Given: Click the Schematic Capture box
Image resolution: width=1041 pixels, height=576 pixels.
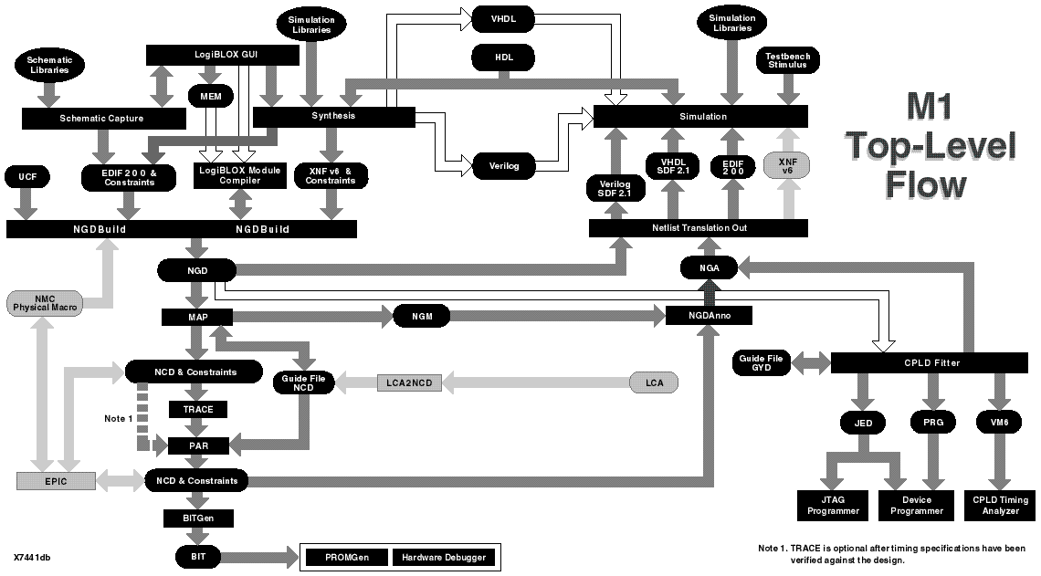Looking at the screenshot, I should pyautogui.click(x=102, y=118).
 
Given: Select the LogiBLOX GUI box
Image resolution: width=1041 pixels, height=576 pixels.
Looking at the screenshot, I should pyautogui.click(x=223, y=56).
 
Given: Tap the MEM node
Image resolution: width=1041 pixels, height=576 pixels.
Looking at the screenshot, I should pyautogui.click(x=211, y=95).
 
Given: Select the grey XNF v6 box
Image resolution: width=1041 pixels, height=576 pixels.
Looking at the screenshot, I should pyautogui.click(x=787, y=165).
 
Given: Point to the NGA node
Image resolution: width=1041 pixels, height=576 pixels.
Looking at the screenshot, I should pyautogui.click(x=709, y=268).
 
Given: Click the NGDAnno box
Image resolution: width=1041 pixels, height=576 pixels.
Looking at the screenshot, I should pyautogui.click(x=709, y=316).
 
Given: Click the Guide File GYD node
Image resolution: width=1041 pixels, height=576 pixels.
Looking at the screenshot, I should pyautogui.click(x=761, y=363).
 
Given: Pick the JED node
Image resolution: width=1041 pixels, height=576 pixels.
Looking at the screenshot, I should pyautogui.click(x=864, y=422).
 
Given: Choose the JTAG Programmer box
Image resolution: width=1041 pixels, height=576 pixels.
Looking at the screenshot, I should pyautogui.click(x=833, y=506).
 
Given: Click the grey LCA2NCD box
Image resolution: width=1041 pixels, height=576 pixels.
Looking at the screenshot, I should pyautogui.click(x=409, y=382).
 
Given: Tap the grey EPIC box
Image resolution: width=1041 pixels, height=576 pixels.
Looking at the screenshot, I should pyautogui.click(x=55, y=480).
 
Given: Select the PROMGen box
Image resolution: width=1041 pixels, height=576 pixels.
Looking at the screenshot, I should pyautogui.click(x=344, y=557).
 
